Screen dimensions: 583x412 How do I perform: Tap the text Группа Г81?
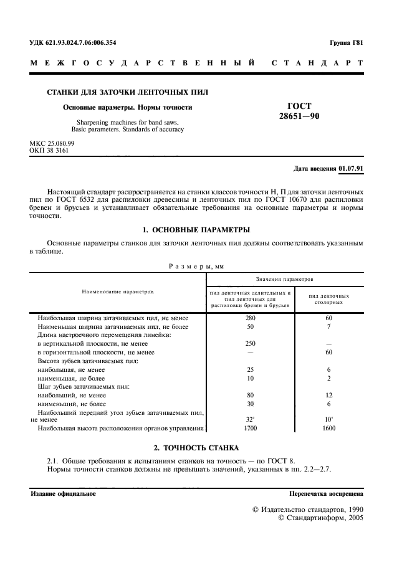[346, 42]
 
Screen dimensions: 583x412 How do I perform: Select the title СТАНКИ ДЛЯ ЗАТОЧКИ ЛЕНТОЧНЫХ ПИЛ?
[128, 92]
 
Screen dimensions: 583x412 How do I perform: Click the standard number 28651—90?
[300, 116]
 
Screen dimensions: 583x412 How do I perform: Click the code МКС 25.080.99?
[56, 143]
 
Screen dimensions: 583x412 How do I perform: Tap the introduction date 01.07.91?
[352, 169]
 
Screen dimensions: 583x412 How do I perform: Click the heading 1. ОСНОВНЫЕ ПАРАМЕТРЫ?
[196, 230]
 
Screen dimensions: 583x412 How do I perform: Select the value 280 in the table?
[251, 318]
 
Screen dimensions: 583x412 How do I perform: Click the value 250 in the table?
[251, 344]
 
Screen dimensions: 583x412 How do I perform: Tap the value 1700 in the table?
[251, 428]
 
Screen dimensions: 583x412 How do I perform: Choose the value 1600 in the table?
[328, 428]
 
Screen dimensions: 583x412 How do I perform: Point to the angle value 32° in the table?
[251, 420]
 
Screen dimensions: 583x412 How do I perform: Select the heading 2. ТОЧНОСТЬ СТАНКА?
[196, 448]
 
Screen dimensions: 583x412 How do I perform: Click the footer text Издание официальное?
[63, 493]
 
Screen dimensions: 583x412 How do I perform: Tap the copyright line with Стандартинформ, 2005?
[320, 517]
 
